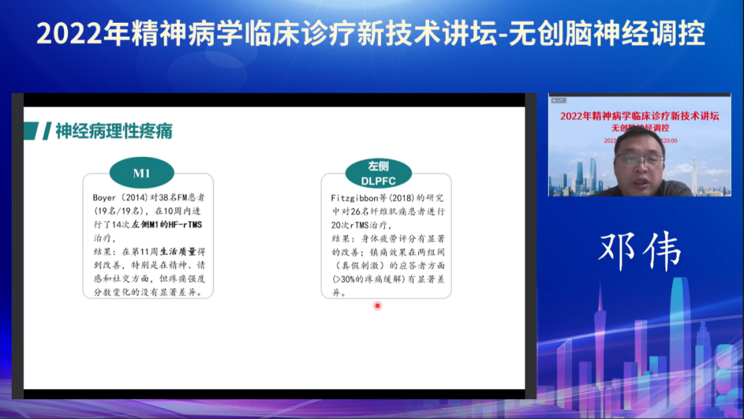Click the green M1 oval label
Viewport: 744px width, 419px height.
point(141,173)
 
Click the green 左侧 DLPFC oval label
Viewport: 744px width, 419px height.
point(378,173)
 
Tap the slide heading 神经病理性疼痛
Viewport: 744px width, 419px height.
point(114,131)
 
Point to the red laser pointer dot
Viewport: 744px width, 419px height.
point(378,305)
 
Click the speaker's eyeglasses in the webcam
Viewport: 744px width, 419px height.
point(640,160)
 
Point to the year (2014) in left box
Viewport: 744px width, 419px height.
point(139,198)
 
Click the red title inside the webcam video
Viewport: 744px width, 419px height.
point(640,116)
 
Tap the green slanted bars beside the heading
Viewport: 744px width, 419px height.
point(37,131)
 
